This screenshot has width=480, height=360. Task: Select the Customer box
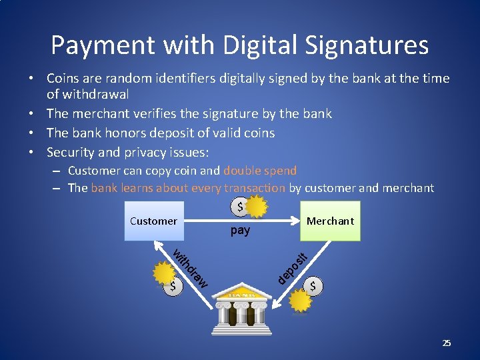click(153, 221)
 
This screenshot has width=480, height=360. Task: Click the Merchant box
click(330, 221)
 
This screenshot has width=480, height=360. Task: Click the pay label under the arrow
click(240, 231)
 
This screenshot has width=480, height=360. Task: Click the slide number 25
click(447, 343)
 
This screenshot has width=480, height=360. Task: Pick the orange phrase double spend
click(260, 171)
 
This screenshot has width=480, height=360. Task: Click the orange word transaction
click(255, 188)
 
